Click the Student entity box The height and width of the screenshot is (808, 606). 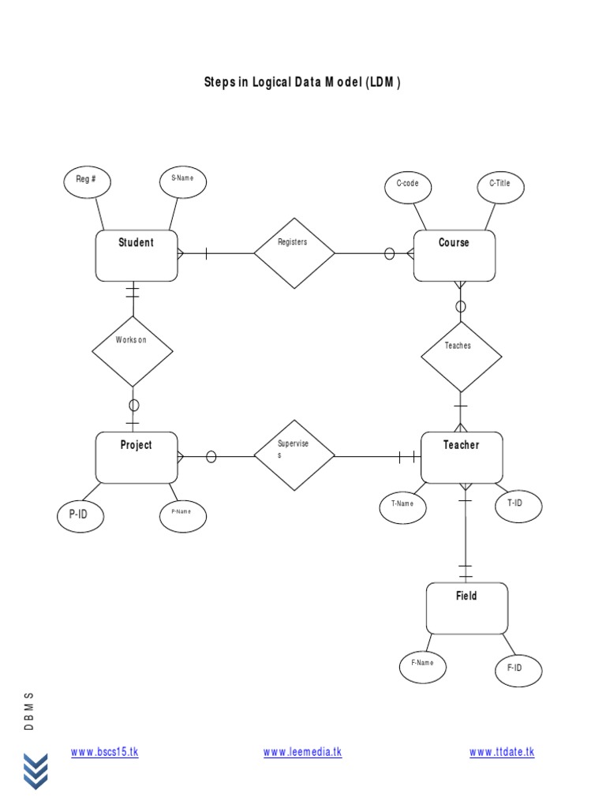[137, 256]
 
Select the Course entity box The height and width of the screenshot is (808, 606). [454, 256]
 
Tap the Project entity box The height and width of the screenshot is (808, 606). [137, 458]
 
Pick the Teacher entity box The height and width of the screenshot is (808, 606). [462, 458]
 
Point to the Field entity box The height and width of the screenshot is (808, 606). [466, 608]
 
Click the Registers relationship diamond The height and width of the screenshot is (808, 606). [294, 253]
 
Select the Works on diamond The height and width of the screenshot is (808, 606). [133, 351]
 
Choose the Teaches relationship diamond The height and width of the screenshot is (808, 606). [461, 356]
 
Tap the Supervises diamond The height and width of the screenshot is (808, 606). [294, 455]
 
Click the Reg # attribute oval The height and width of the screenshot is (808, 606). [87, 181]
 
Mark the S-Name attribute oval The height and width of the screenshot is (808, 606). [183, 181]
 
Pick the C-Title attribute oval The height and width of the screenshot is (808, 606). [500, 185]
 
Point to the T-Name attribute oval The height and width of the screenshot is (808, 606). [402, 505]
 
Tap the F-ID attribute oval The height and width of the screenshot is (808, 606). [518, 670]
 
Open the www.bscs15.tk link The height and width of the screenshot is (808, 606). [104, 752]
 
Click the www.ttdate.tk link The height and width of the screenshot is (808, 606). [502, 752]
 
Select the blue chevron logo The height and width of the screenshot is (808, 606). [35, 771]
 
